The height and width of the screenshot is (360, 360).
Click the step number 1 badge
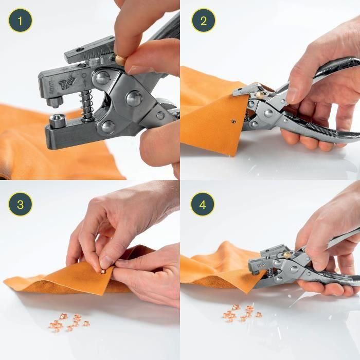[x=20, y=21]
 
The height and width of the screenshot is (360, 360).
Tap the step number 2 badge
[x=203, y=21]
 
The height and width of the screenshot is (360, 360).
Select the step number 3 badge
[x=20, y=204]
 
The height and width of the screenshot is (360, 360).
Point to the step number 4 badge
[x=203, y=204]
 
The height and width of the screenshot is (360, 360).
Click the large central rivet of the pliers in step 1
[x=135, y=98]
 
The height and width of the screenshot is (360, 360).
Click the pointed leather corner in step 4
[x=250, y=292]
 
